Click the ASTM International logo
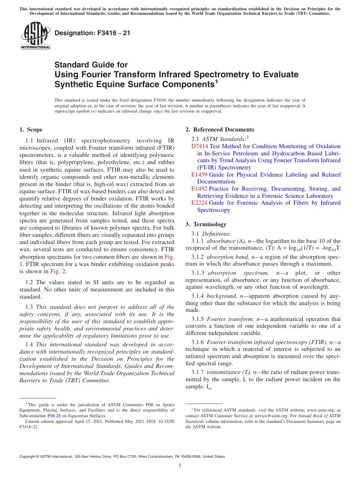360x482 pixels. click(35, 36)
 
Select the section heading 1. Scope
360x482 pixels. click(31, 130)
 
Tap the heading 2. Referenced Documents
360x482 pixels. click(220, 130)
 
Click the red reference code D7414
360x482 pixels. click(199, 146)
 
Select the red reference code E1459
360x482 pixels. click(199, 175)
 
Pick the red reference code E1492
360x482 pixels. click(199, 189)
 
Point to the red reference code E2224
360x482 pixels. click(199, 203)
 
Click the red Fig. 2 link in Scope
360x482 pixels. click(58, 271)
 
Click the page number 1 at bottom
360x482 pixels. click(180, 466)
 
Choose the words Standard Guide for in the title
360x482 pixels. click(91, 65)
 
